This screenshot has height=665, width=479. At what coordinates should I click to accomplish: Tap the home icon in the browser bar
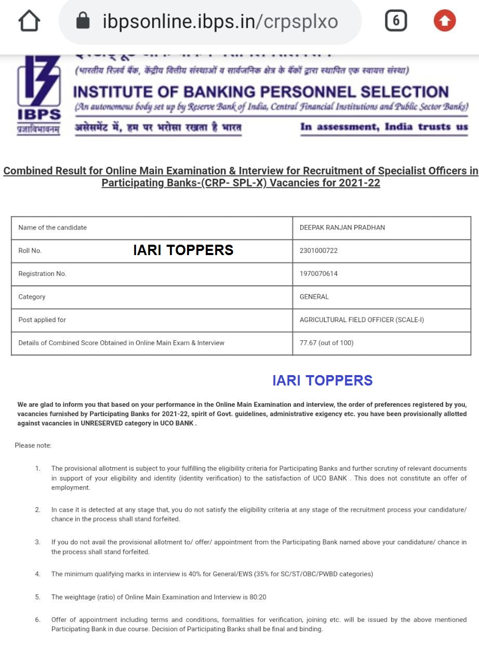tap(29, 21)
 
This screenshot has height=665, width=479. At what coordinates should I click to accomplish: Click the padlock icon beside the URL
tap(83, 21)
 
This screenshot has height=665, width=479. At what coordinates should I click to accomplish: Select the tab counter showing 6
tap(396, 21)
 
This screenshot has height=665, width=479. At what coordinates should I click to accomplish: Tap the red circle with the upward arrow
tap(444, 21)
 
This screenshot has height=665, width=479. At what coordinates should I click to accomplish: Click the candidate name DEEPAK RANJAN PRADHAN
tap(342, 228)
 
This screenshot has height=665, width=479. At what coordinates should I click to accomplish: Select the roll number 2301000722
tap(318, 250)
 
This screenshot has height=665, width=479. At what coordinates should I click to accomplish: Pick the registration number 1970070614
tap(318, 274)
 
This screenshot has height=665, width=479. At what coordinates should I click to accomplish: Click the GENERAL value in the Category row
tap(314, 297)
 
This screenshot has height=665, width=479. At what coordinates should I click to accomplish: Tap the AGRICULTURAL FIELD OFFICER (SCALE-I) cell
tap(362, 320)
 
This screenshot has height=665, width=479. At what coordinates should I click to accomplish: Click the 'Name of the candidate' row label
tap(52, 228)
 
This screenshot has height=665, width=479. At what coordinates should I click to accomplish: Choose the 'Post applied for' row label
tap(42, 320)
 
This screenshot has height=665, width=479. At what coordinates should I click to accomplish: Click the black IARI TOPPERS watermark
tap(183, 250)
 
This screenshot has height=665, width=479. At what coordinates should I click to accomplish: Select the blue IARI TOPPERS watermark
tap(322, 381)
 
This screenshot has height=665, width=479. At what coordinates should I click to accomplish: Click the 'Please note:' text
tap(33, 445)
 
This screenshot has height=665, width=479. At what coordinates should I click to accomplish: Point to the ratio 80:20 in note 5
tap(258, 597)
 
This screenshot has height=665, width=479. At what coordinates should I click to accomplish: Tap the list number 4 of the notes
tap(37, 574)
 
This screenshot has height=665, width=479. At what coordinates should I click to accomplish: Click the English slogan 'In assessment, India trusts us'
tap(384, 127)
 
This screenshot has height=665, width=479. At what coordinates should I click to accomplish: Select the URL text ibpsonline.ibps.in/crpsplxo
tap(220, 22)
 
